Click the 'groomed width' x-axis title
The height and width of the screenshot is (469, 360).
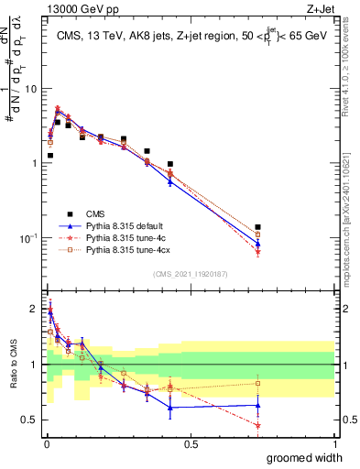pos(299,457)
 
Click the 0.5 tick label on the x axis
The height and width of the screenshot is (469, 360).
pos(191,444)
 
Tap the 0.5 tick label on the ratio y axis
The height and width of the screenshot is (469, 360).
pos(30,420)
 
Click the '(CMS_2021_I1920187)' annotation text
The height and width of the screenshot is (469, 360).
pos(190,273)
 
